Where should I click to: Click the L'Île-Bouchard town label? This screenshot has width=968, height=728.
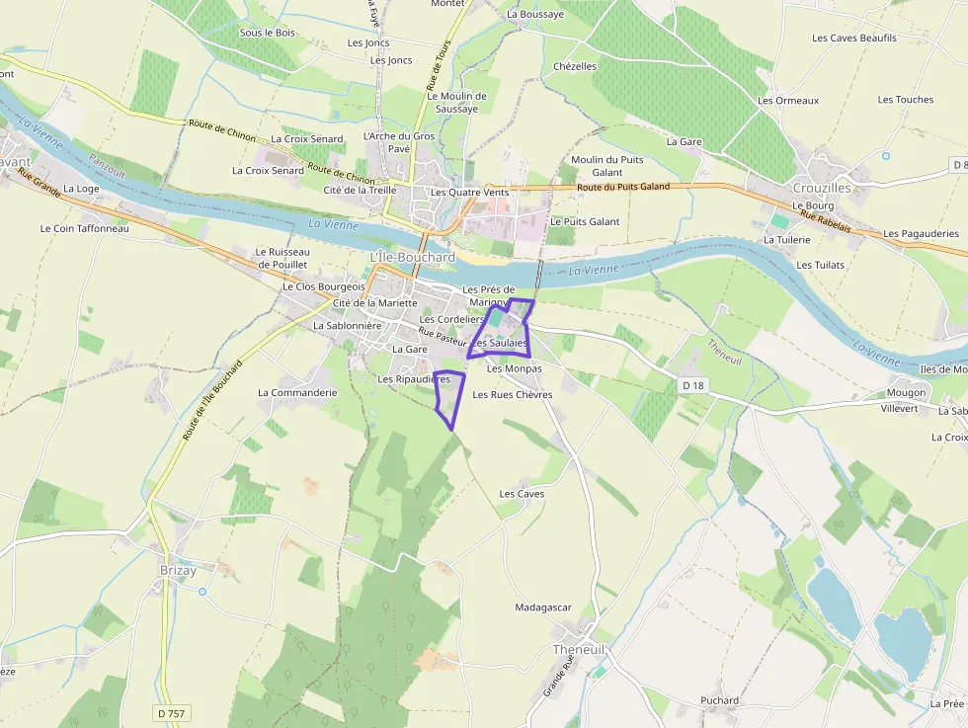[412, 258]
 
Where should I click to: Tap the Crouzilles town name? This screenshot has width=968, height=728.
[822, 188]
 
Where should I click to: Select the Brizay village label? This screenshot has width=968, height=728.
[178, 570]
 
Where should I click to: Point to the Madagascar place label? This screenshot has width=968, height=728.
[543, 607]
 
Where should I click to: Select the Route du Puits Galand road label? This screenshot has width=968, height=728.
[622, 187]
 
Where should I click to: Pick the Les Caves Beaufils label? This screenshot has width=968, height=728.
[853, 39]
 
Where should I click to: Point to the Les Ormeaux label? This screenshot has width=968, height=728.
[787, 101]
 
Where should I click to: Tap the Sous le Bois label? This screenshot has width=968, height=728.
[267, 33]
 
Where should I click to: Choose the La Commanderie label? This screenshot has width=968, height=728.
[297, 392]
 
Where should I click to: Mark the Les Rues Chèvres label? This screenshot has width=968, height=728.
[512, 394]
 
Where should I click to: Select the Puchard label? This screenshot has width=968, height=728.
[719, 700]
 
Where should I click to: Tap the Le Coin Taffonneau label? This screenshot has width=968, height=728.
[84, 228]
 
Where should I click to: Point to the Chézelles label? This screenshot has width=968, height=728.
[575, 66]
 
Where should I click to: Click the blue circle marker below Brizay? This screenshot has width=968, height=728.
[202, 592]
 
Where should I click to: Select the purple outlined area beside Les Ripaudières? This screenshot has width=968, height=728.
[449, 395]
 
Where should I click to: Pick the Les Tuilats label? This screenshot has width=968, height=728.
[819, 265]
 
